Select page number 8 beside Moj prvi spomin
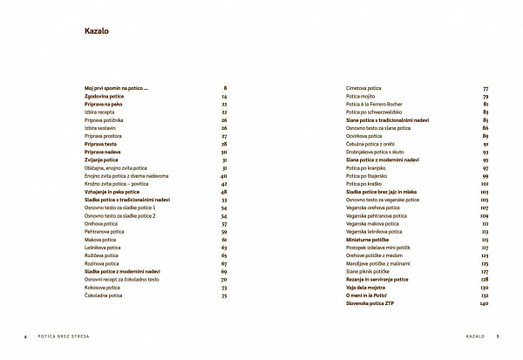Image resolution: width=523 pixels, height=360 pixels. pyautogui.click(x=225, y=88)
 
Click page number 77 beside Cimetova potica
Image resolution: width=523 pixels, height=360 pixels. pyautogui.click(x=485, y=88)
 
